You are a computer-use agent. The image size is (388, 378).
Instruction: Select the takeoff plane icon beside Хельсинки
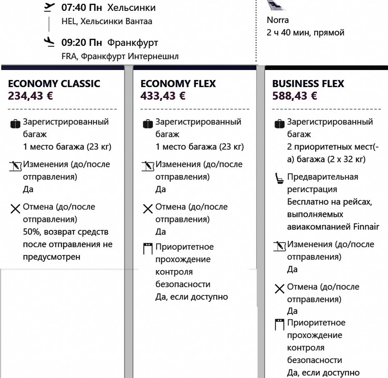pyautogui.click(x=49, y=8)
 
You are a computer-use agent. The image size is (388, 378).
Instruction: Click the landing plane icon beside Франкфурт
pyautogui.click(x=49, y=43)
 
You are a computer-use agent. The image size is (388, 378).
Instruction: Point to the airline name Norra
pyautogui.click(x=278, y=20)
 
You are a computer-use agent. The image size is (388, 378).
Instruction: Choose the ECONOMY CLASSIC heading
pyautogui.click(x=54, y=84)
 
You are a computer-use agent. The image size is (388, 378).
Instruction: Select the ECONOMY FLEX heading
pyautogui.click(x=178, y=84)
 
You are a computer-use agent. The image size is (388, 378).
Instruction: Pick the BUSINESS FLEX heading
pyautogui.click(x=308, y=84)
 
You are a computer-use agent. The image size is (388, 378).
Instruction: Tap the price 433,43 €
pyautogui.click(x=163, y=96)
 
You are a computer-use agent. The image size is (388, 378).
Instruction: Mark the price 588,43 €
pyautogui.click(x=294, y=96)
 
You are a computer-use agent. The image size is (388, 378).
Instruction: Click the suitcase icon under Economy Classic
pyautogui.click(x=15, y=124)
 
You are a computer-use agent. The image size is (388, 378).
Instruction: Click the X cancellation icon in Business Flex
pyautogui.click(x=279, y=288)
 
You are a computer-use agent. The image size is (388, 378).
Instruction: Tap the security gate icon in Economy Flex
pyautogui.click(x=148, y=248)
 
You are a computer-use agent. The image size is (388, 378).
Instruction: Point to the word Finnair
pyautogui.click(x=366, y=227)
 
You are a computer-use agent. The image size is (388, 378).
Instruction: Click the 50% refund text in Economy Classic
pyautogui.click(x=31, y=232)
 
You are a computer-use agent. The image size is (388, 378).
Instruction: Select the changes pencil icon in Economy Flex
pyautogui.click(x=148, y=166)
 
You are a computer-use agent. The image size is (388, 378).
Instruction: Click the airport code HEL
pyautogui.click(x=69, y=21)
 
